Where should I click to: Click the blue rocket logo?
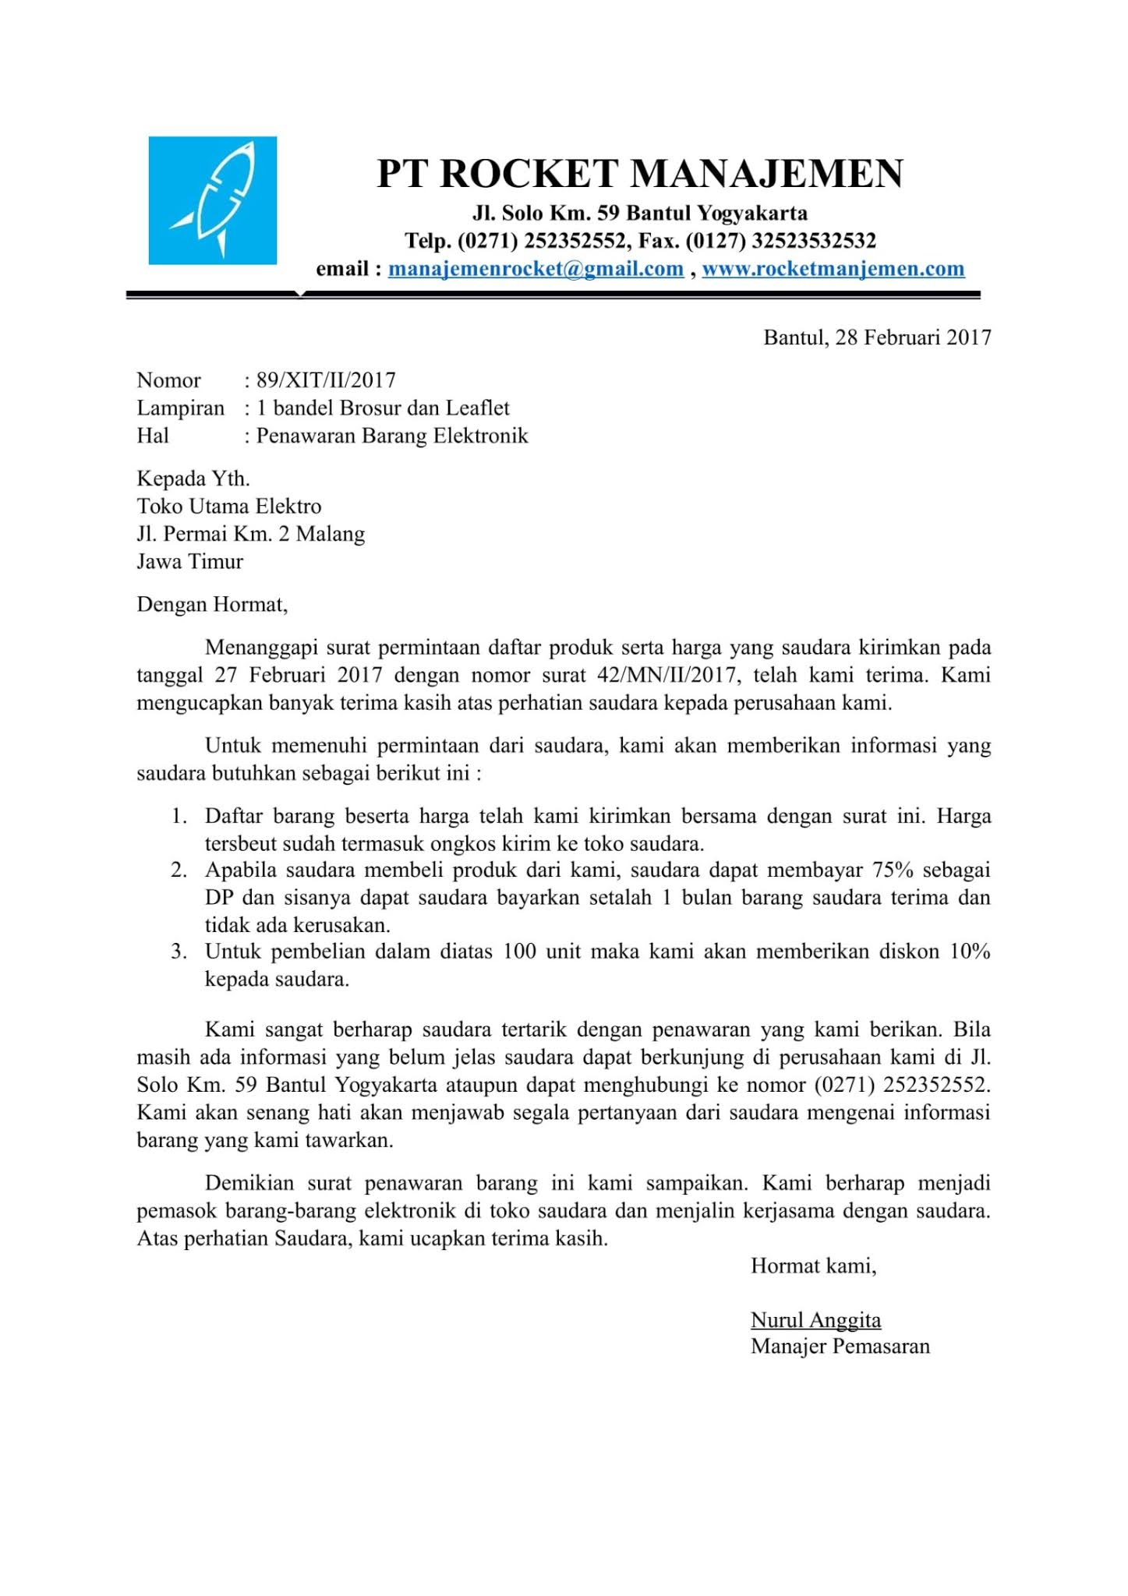pos(213,200)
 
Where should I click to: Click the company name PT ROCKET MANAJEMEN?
pos(640,173)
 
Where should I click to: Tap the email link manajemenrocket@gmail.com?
pos(536,269)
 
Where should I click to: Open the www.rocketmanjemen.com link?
pos(833,269)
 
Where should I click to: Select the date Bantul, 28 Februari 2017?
pos(876,337)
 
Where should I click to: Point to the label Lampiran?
pos(180,408)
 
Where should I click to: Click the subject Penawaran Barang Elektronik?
pos(392,436)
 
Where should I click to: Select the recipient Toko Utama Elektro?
pos(229,507)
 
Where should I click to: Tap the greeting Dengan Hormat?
pos(212,605)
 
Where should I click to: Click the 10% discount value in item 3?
pos(970,952)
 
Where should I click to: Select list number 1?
pos(179,817)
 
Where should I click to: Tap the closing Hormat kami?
pos(813,1266)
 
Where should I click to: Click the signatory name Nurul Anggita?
pos(815,1320)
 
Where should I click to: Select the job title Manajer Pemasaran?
pos(840,1347)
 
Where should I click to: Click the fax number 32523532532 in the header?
pos(814,241)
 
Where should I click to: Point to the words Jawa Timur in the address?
pos(190,562)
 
